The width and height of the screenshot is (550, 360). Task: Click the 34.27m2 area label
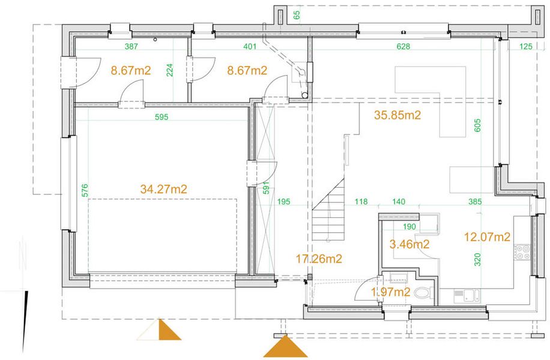(163, 189)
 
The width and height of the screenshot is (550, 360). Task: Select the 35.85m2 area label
(397, 115)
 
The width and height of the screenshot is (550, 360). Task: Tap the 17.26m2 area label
(319, 259)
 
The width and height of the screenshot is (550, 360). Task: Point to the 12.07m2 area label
(487, 237)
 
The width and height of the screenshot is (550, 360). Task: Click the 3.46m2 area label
(409, 244)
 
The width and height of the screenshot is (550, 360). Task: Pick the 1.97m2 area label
(391, 292)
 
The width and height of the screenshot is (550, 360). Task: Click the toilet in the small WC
(424, 293)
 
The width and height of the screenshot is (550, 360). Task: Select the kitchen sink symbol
(467, 296)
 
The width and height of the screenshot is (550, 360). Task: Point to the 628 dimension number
(403, 46)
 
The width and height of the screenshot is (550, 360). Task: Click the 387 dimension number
(131, 46)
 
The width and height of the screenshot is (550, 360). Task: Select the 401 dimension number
(250, 46)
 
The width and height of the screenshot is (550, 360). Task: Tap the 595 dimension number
(162, 117)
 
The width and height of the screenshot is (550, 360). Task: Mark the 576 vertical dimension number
(85, 190)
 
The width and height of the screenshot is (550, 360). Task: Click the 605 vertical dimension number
(477, 125)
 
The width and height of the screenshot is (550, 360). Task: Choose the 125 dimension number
(526, 46)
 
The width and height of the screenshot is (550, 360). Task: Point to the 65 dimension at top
(297, 15)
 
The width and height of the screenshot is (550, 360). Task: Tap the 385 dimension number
(475, 202)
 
